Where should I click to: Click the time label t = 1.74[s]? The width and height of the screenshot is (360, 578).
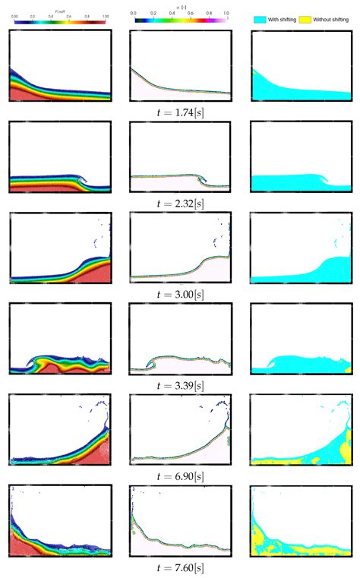180,111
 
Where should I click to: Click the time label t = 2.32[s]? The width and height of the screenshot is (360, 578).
180,203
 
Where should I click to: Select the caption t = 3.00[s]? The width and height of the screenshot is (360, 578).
180,294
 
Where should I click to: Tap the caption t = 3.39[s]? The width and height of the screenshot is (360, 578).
180,385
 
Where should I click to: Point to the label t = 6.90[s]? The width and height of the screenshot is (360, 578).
180,475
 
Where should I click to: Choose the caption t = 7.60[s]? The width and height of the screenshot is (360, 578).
180,567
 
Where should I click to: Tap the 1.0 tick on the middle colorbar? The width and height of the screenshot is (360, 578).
226,14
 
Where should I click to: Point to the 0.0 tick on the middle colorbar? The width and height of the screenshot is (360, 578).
134,14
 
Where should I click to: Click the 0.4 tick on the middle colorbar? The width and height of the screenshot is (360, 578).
171,14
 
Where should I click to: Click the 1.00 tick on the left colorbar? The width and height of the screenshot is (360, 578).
106,14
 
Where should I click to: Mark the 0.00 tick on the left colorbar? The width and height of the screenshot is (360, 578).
14,14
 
